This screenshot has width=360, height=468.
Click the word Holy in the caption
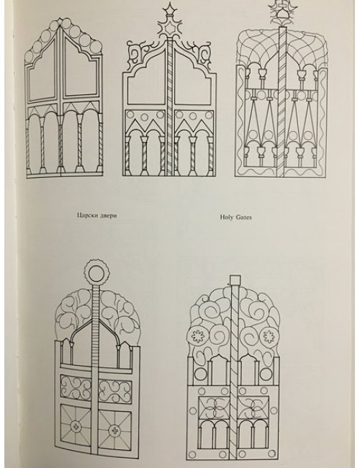pos(226,217)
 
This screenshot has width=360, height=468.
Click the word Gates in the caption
pos(243,217)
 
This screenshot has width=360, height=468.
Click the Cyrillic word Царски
pos(86,215)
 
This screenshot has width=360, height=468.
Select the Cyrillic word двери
pos(107,215)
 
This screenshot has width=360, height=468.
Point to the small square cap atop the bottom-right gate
pos(235,279)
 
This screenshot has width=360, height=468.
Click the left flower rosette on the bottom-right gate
pos(197,336)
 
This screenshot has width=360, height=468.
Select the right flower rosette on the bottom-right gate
pos(269,336)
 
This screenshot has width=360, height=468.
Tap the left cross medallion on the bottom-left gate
pos(75,426)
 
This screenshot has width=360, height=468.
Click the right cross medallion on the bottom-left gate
pos(114,430)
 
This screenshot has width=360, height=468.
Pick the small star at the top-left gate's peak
pos(61,21)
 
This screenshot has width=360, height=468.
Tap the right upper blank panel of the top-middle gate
pos(192,81)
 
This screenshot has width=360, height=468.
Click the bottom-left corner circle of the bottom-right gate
pos(192,454)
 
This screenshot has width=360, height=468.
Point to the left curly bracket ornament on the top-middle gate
pos(136,55)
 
